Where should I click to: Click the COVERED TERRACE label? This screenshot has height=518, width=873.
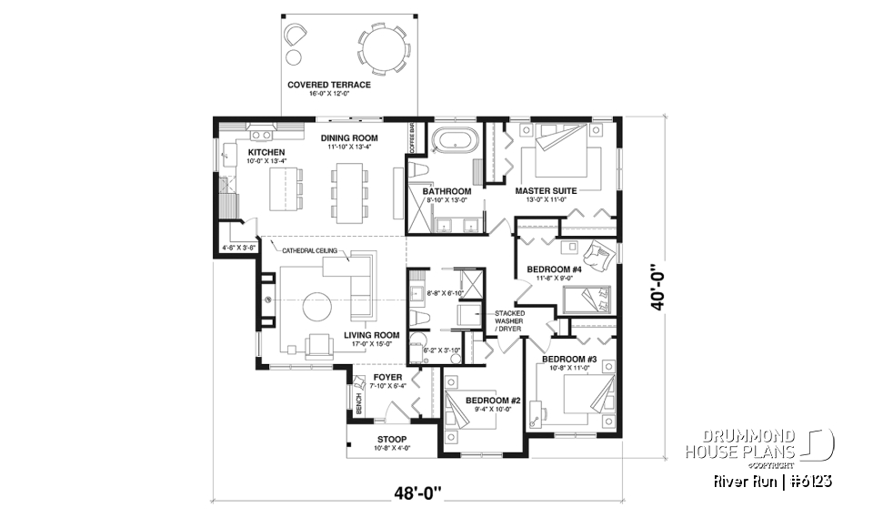point(328,85)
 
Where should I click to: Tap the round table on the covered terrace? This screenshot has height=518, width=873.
point(382,46)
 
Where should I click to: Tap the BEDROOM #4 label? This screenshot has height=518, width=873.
point(554,269)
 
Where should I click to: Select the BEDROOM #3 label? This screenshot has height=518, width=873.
point(569,360)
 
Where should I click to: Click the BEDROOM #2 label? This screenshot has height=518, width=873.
point(492,401)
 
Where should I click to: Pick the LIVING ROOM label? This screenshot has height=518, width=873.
point(372,335)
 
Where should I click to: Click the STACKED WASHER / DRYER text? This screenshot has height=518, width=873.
point(509,320)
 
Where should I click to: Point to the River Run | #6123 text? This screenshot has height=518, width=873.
point(772,480)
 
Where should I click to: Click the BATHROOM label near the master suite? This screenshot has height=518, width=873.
point(446,191)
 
